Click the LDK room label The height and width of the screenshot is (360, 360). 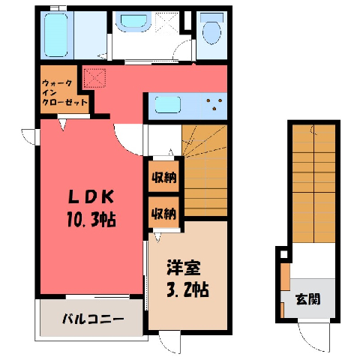coord(91,197)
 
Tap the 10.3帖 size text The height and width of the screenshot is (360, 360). coord(91,219)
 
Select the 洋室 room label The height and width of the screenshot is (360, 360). coord(184,268)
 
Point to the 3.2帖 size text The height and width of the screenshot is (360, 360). coord(187,289)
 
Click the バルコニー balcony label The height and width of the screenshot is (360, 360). coord(93,319)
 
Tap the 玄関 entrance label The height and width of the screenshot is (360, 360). coord(308,299)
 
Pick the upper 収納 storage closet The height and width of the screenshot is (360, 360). coord(164,176)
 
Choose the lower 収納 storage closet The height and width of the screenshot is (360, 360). coord(164,212)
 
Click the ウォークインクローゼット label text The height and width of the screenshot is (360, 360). coord(64,92)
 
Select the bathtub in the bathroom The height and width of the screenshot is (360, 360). coord(56,35)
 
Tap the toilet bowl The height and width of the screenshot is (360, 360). coord(211,28)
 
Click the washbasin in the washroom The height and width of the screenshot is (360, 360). coord(133,22)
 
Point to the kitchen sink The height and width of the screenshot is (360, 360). coord(168,105)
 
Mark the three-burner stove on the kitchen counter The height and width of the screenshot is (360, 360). coord(214,104)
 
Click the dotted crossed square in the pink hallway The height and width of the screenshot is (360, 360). coord(94,78)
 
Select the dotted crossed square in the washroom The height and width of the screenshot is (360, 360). coord(167,22)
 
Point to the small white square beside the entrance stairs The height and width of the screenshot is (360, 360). coord(283,254)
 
